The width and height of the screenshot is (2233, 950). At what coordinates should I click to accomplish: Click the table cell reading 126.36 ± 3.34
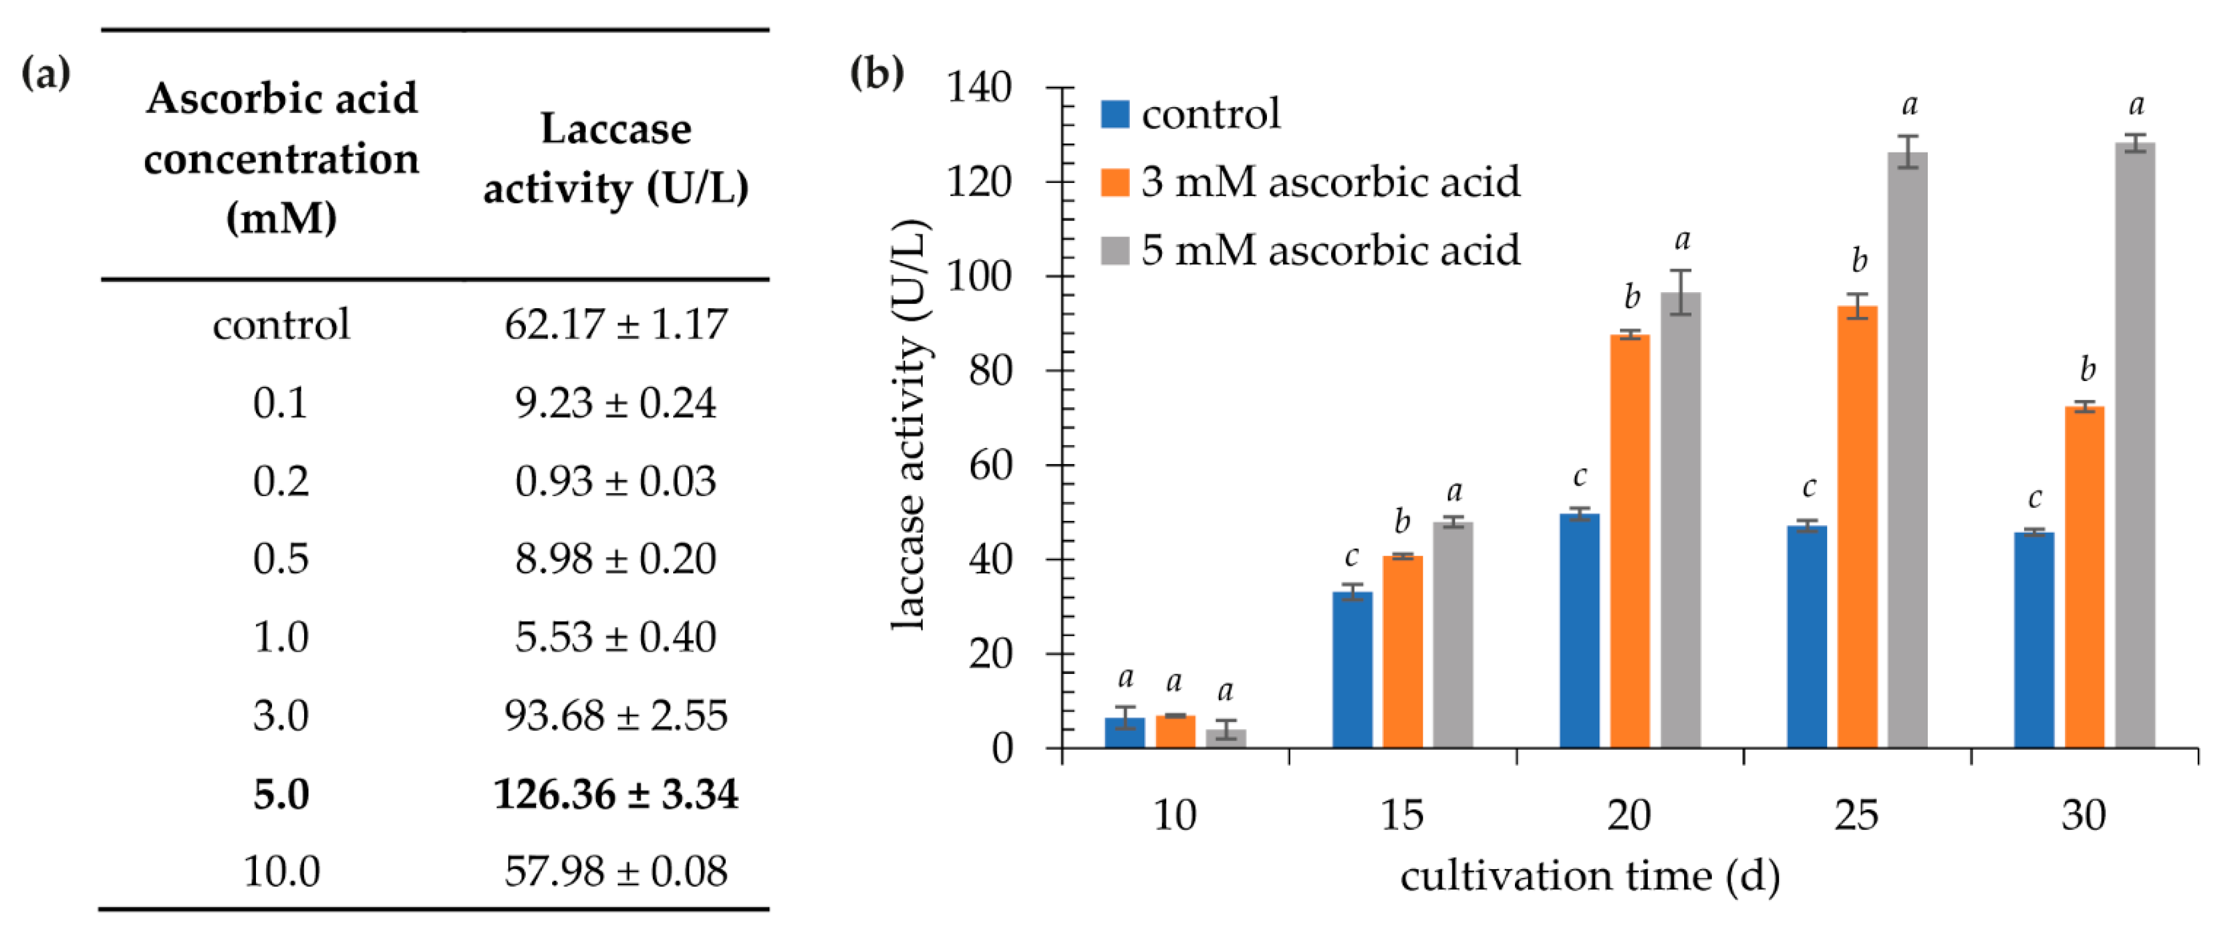click(x=615, y=793)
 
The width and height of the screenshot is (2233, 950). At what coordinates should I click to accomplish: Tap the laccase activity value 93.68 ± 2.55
click(x=615, y=715)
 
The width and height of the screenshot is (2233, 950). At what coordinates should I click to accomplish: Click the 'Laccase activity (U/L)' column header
click(x=615, y=158)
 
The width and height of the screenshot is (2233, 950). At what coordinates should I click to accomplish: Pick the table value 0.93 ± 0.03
click(x=615, y=481)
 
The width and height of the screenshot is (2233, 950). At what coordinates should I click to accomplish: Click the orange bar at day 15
click(x=1402, y=651)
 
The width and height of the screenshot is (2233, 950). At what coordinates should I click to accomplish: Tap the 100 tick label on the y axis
click(x=979, y=277)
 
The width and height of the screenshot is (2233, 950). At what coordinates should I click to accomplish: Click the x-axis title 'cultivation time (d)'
click(x=1590, y=876)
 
